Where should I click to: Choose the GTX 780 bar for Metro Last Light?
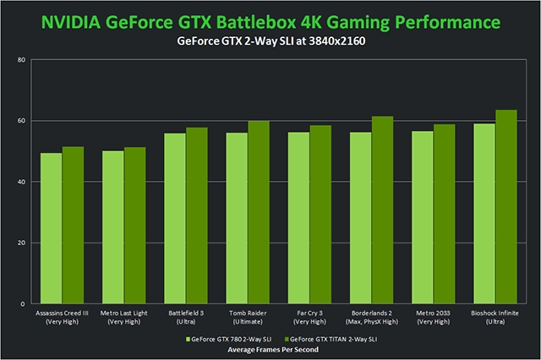(113, 227)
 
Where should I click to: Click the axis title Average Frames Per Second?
(270, 348)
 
